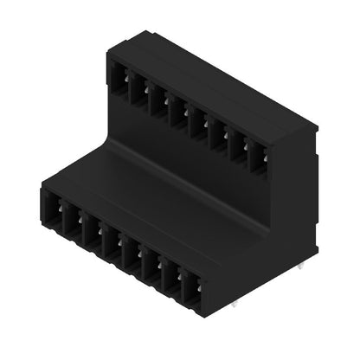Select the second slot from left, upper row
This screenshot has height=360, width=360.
point(137,87)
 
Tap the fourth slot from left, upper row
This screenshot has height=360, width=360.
point(177,110)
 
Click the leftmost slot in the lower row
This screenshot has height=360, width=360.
point(54,213)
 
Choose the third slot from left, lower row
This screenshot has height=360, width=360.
point(91,233)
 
